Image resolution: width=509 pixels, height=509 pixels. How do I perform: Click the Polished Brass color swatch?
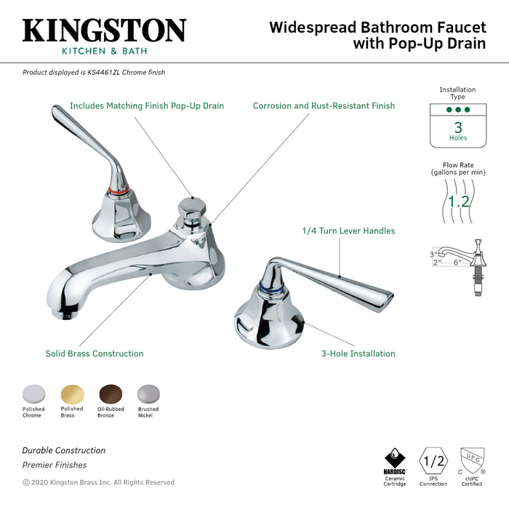click(72, 394)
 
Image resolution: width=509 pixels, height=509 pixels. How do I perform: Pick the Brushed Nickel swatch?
click(148, 394)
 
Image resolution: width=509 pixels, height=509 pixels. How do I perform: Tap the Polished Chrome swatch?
click(33, 394)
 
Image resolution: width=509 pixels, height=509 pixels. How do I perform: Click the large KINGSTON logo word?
click(104, 31)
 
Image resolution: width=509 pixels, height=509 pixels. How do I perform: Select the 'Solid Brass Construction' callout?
click(94, 354)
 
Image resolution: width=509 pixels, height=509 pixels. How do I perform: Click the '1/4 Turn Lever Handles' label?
click(348, 231)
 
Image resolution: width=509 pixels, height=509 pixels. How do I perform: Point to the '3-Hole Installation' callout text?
click(358, 354)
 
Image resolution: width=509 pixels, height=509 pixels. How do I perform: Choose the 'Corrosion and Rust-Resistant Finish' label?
click(324, 106)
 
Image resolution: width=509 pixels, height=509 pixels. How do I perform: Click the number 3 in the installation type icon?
click(458, 125)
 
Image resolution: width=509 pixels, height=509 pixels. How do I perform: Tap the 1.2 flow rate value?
click(458, 201)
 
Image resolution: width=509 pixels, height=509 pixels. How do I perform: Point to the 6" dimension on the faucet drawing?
click(457, 262)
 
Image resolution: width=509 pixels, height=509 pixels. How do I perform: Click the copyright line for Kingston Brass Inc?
click(99, 482)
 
